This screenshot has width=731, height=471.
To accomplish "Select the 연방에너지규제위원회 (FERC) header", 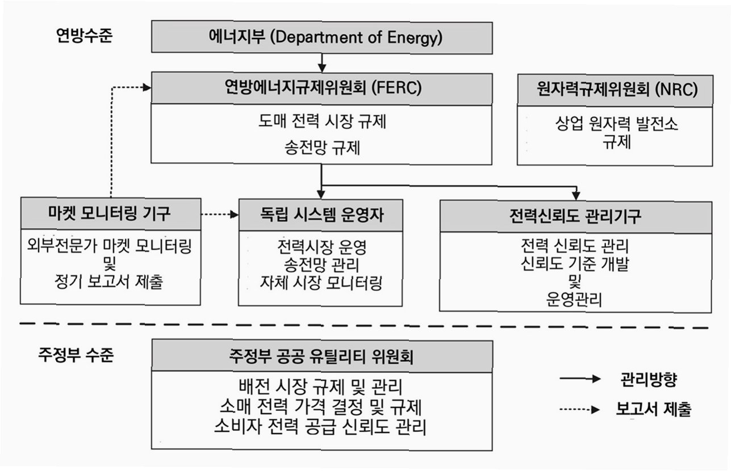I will [321, 88].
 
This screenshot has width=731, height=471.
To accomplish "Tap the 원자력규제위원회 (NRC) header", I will [615, 90].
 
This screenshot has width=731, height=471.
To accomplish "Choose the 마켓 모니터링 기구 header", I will [110, 214].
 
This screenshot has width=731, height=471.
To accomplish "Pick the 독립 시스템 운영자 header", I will [321, 215].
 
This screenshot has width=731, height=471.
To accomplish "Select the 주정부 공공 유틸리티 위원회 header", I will [321, 356].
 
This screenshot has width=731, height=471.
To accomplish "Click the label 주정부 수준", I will [76, 356].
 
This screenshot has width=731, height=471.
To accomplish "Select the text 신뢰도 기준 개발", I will [575, 264].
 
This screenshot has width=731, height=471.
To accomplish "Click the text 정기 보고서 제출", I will [110, 281].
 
